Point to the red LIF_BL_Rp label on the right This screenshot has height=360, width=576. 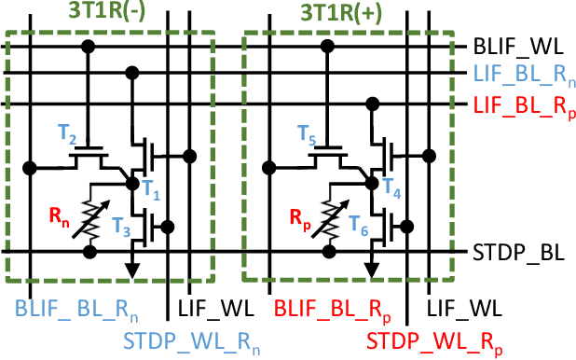(x=523, y=104)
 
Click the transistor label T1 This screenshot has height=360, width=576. (x=152, y=195)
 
